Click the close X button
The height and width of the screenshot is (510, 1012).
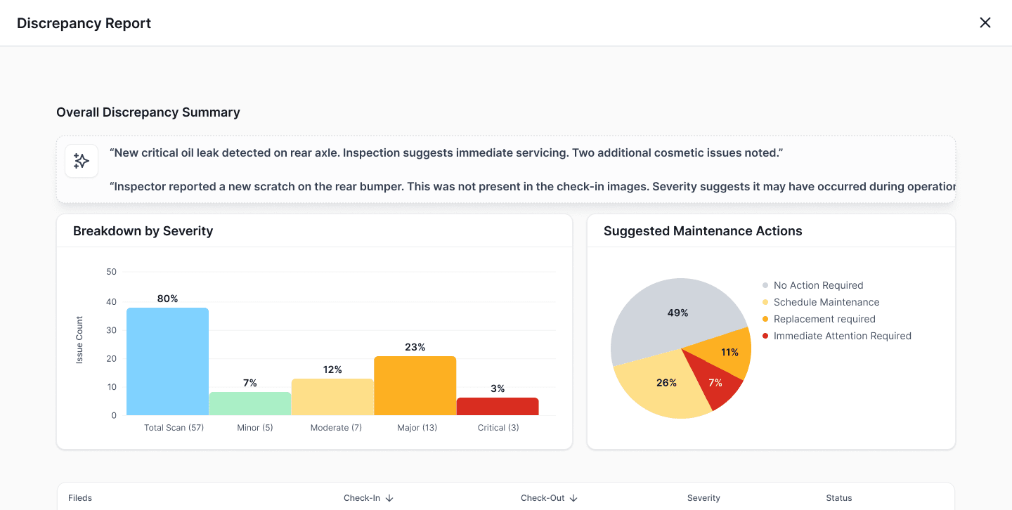click(985, 22)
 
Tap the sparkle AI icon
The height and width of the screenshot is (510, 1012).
click(82, 161)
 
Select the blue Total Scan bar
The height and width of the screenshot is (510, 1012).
click(167, 361)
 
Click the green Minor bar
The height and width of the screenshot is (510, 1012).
click(250, 403)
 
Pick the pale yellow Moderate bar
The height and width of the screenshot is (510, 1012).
click(332, 397)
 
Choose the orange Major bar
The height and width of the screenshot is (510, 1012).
click(415, 386)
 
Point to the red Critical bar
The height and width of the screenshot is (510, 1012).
click(498, 406)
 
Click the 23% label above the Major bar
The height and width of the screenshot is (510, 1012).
click(415, 347)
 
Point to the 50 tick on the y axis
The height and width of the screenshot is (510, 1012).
click(111, 271)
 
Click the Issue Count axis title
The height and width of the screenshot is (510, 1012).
click(79, 340)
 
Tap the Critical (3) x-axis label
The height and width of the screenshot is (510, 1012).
click(498, 427)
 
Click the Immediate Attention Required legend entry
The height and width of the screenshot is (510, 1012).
click(837, 336)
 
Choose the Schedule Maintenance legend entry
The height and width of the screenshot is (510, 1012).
click(821, 302)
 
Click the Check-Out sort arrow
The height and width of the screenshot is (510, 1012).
click(573, 498)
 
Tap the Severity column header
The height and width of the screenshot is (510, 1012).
click(703, 498)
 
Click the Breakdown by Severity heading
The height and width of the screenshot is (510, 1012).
click(143, 231)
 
